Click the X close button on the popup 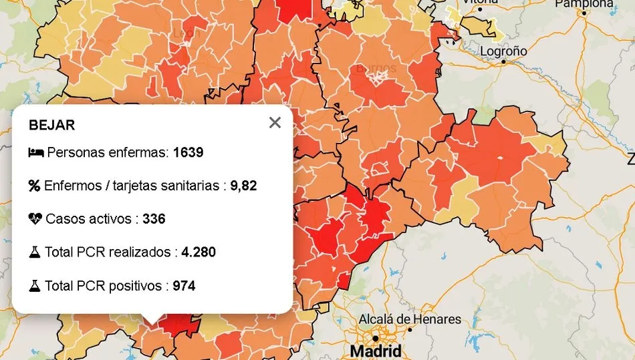[x=275, y=123]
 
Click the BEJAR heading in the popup [x=51, y=125]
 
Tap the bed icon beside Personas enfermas [x=35, y=153]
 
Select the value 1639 [x=188, y=152]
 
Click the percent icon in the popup [x=35, y=186]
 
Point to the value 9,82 [x=243, y=186]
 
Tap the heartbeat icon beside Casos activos [x=35, y=219]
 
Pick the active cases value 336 [x=154, y=219]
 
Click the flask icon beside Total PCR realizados [x=35, y=252]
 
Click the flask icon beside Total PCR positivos [x=35, y=286]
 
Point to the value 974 [x=184, y=286]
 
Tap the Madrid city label [x=376, y=351]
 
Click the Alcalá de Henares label [x=410, y=319]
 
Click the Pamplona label [x=584, y=4]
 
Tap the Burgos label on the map [x=376, y=68]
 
